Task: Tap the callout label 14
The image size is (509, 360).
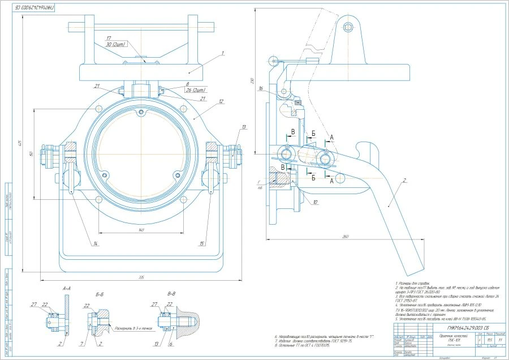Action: pyautogui.click(x=96, y=243)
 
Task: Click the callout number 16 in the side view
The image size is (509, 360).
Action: pyautogui.click(x=261, y=89)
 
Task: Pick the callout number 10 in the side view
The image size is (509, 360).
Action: pyautogui.click(x=315, y=201)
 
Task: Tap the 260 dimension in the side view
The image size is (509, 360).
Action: pyautogui.click(x=345, y=237)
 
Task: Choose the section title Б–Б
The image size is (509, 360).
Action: pyautogui.click(x=101, y=294)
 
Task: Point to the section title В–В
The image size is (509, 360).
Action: pyautogui.click(x=163, y=294)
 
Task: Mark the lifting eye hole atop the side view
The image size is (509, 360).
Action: pyautogui.click(x=348, y=27)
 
